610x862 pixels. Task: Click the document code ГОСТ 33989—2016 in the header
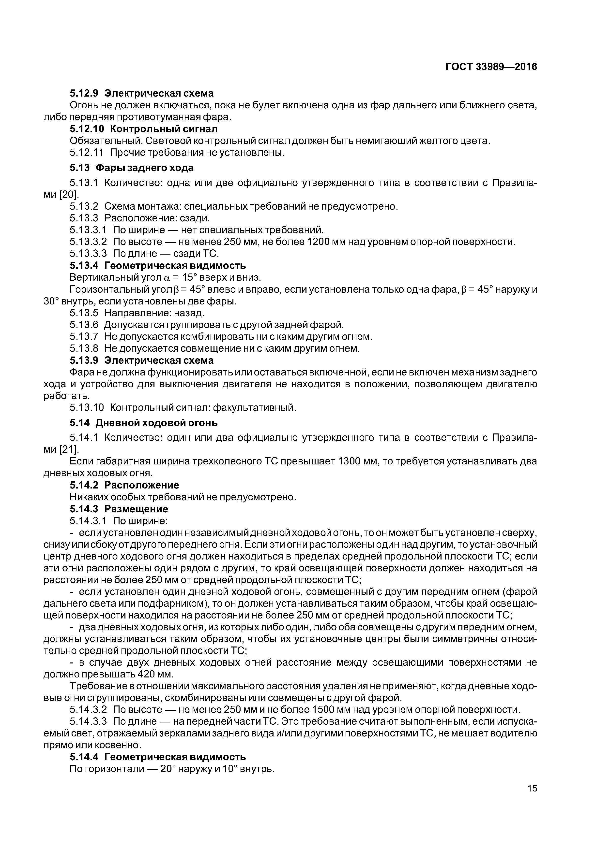491,67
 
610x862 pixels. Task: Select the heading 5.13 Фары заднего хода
132,167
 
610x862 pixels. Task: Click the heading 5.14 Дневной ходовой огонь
144,423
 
